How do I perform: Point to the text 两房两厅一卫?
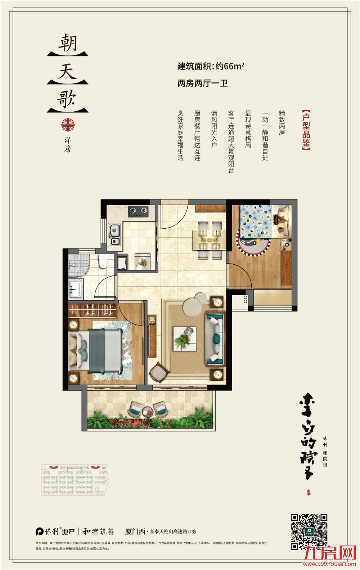tap(203, 84)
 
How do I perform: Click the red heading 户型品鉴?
tap(306, 130)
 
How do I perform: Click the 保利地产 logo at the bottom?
tap(55, 531)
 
